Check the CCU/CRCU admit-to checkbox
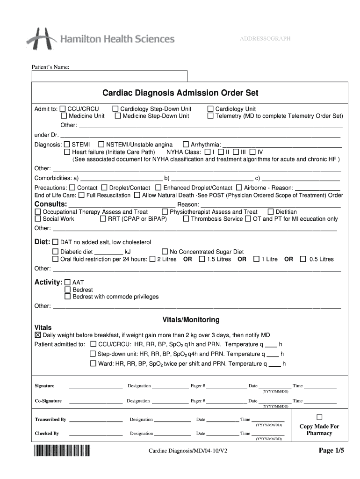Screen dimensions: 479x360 [x=63, y=109]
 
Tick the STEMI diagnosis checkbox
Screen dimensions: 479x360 [x=67, y=145]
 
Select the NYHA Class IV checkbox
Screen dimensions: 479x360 [x=252, y=152]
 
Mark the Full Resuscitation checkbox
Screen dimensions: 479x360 [x=81, y=195]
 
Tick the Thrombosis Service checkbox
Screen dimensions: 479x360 [x=186, y=219]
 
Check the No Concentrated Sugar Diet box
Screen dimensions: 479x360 [x=165, y=252]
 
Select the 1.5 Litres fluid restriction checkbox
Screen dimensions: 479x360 [x=202, y=259]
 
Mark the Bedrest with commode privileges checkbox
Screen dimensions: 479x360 [x=67, y=297]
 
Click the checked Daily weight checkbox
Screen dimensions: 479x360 [x=38, y=335]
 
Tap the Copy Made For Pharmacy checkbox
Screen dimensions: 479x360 [x=319, y=417]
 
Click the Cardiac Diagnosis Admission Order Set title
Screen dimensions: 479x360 [x=180, y=93]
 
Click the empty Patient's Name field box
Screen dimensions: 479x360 [x=109, y=76]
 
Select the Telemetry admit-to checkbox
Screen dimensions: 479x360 [x=210, y=116]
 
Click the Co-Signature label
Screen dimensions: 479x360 [x=48, y=401]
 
